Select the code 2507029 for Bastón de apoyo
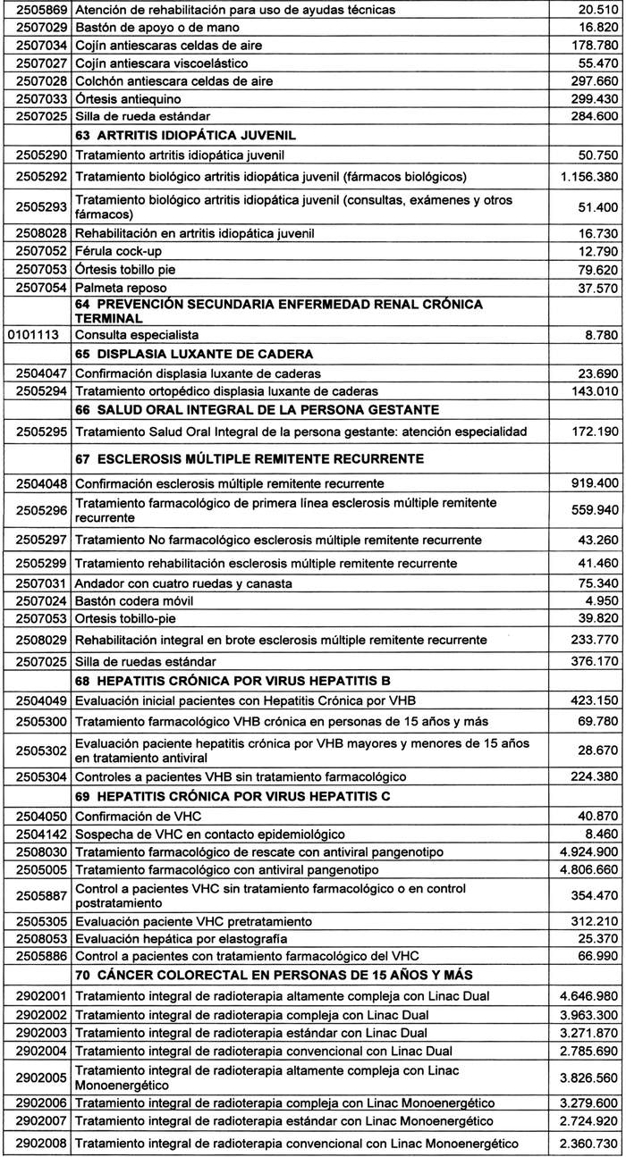[x=35, y=27]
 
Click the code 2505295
[x=35, y=432]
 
